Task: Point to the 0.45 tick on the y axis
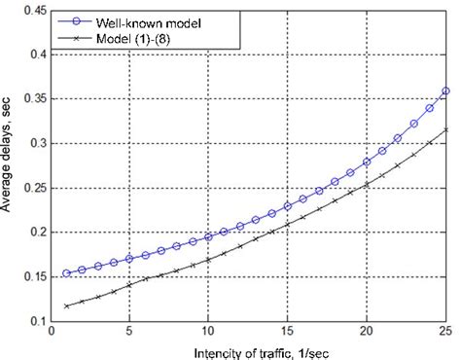[31, 11]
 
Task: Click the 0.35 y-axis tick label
[31, 99]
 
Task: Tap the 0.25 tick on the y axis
[31, 188]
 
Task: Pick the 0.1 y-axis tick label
[35, 321]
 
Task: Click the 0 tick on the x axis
[52, 333]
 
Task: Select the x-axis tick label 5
[129, 333]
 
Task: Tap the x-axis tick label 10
[208, 333]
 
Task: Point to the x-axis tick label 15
[287, 333]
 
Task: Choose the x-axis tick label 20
[366, 333]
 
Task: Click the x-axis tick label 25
[444, 333]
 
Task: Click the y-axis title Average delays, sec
[9, 165]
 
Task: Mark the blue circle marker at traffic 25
[444, 91]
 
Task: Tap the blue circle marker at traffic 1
[67, 273]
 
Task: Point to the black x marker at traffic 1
[67, 306]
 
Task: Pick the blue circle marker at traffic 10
[208, 237]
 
